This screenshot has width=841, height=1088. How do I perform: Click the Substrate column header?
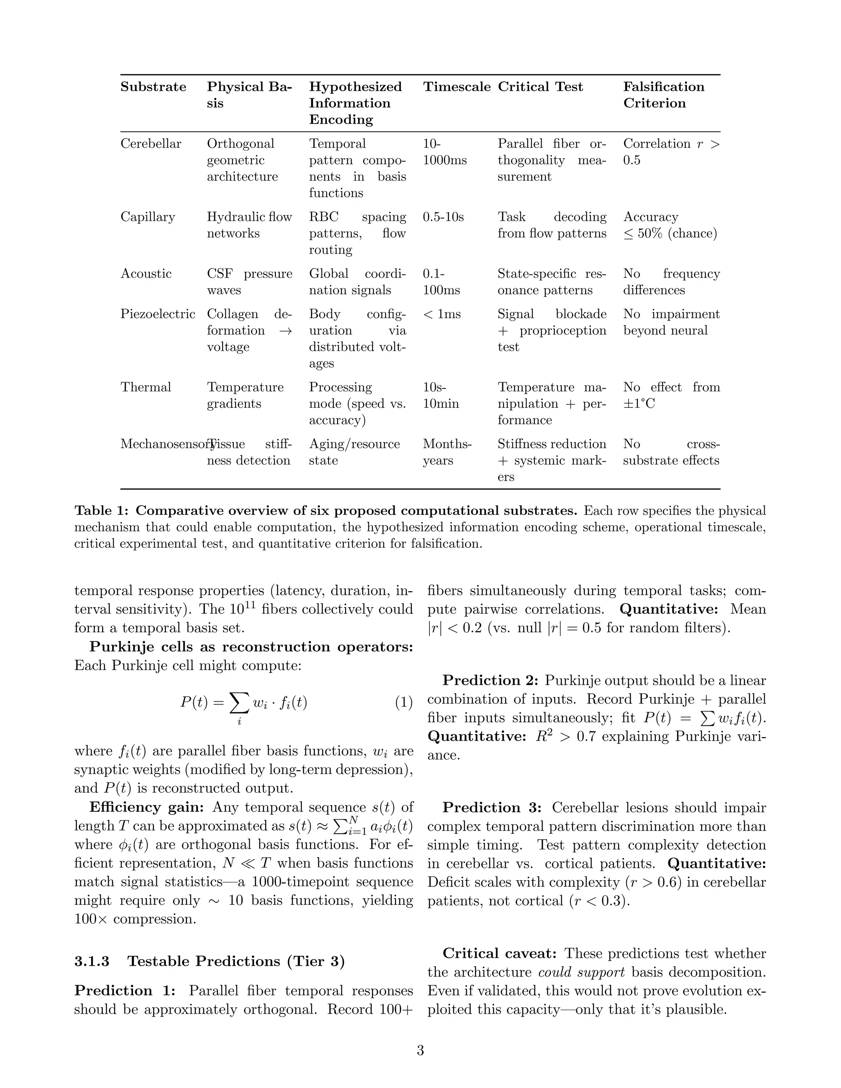153,87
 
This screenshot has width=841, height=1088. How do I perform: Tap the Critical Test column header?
540,87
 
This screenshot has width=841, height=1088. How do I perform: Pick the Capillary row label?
147,217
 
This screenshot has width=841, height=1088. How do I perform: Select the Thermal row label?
145,387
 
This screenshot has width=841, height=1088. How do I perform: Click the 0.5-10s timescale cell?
443,217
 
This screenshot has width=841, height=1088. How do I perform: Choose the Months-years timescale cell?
446,452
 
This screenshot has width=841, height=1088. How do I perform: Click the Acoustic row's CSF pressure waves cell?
249,282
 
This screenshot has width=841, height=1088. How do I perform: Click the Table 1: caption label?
103,511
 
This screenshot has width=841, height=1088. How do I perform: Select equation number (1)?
404,702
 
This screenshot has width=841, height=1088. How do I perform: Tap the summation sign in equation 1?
239,702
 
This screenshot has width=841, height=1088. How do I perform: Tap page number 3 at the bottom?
420,1051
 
